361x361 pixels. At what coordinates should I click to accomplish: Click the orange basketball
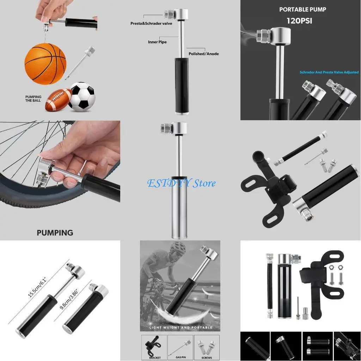click(45, 63)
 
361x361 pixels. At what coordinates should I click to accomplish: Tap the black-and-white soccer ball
click(81, 97)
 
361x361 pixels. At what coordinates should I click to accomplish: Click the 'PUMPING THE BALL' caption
click(33, 99)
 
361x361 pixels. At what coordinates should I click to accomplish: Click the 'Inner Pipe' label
click(157, 42)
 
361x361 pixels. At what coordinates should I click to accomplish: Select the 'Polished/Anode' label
click(203, 54)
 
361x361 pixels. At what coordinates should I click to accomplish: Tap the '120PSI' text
click(299, 21)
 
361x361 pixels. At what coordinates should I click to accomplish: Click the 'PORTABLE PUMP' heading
click(302, 10)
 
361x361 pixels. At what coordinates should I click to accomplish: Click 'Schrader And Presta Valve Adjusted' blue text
click(329, 72)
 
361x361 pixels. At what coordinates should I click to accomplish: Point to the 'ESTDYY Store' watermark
click(181, 183)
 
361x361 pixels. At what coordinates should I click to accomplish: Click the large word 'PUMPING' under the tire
click(55, 233)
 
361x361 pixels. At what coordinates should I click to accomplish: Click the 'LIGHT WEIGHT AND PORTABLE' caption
click(180, 328)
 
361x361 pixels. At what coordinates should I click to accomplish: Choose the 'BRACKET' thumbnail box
click(154, 347)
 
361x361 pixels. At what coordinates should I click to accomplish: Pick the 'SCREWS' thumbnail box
click(207, 347)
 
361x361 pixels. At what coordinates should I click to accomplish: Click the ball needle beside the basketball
click(80, 63)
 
